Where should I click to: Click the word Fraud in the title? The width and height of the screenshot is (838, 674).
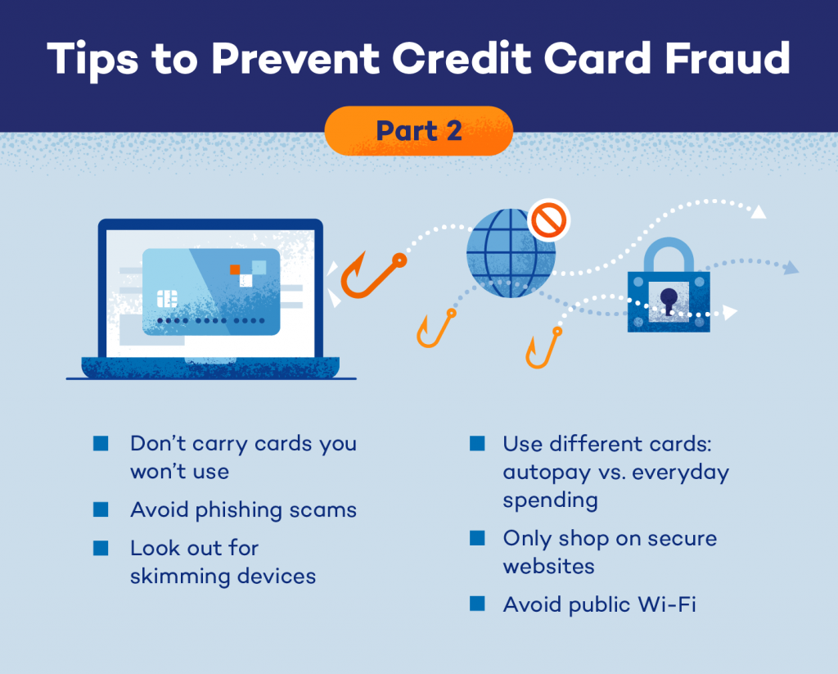click(x=728, y=58)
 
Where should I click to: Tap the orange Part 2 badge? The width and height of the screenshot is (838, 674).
click(x=419, y=131)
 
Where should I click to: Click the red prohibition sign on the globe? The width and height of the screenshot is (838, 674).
click(x=549, y=219)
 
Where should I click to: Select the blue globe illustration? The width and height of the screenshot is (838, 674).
click(x=511, y=253)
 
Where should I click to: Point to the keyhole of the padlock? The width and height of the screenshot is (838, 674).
click(x=669, y=300)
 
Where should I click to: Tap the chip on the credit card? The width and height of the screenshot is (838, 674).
click(x=167, y=298)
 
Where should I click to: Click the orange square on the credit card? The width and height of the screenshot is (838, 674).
click(x=235, y=269)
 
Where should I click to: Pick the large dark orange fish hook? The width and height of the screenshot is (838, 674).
click(x=372, y=275)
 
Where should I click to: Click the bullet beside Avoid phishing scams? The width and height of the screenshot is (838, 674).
click(x=101, y=509)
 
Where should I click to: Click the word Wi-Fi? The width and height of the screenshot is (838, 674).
click(x=667, y=604)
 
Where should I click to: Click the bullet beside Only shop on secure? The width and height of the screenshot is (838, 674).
click(x=477, y=537)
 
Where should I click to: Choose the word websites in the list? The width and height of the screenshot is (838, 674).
click(x=549, y=566)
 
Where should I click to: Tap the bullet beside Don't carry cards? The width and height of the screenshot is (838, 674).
click(x=101, y=443)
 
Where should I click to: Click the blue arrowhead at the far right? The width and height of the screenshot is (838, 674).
click(x=791, y=268)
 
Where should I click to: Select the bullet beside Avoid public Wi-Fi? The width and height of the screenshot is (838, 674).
click(x=477, y=604)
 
